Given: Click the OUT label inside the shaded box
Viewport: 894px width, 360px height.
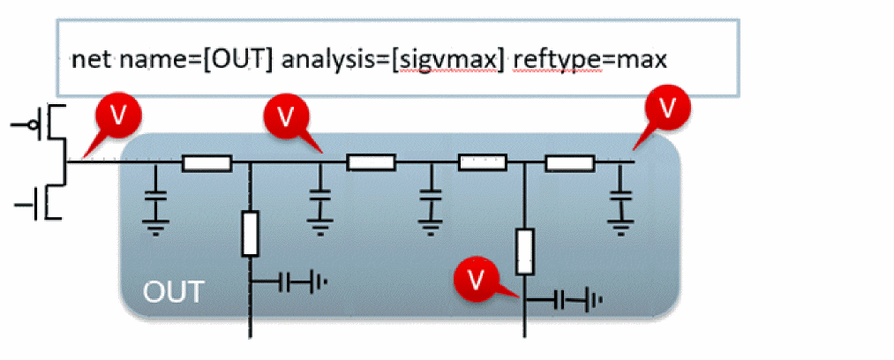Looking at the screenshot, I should pos(173,291).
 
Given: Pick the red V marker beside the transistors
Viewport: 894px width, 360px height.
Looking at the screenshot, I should pos(114,114).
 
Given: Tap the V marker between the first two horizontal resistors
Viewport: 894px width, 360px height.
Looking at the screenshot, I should pos(284,116).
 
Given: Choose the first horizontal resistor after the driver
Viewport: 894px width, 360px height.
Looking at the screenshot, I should pos(207,162).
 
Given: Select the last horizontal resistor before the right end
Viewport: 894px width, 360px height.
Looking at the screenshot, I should pos(570,162).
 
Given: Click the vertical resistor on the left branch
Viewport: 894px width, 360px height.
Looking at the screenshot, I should pos(251,233).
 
